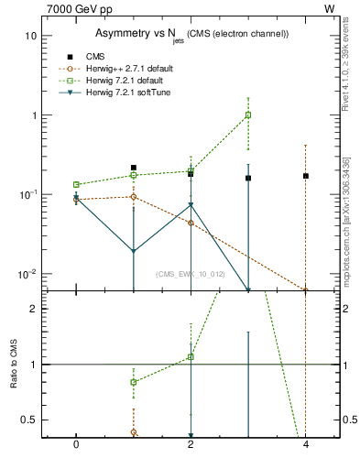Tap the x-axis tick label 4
pos(305,446)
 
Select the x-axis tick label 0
pos(76,446)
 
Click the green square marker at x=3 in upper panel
pos(248,115)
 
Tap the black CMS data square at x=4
pos(305,176)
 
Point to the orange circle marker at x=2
pos(191,223)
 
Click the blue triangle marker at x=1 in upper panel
pos(134,251)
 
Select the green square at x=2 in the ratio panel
pos(191,357)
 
